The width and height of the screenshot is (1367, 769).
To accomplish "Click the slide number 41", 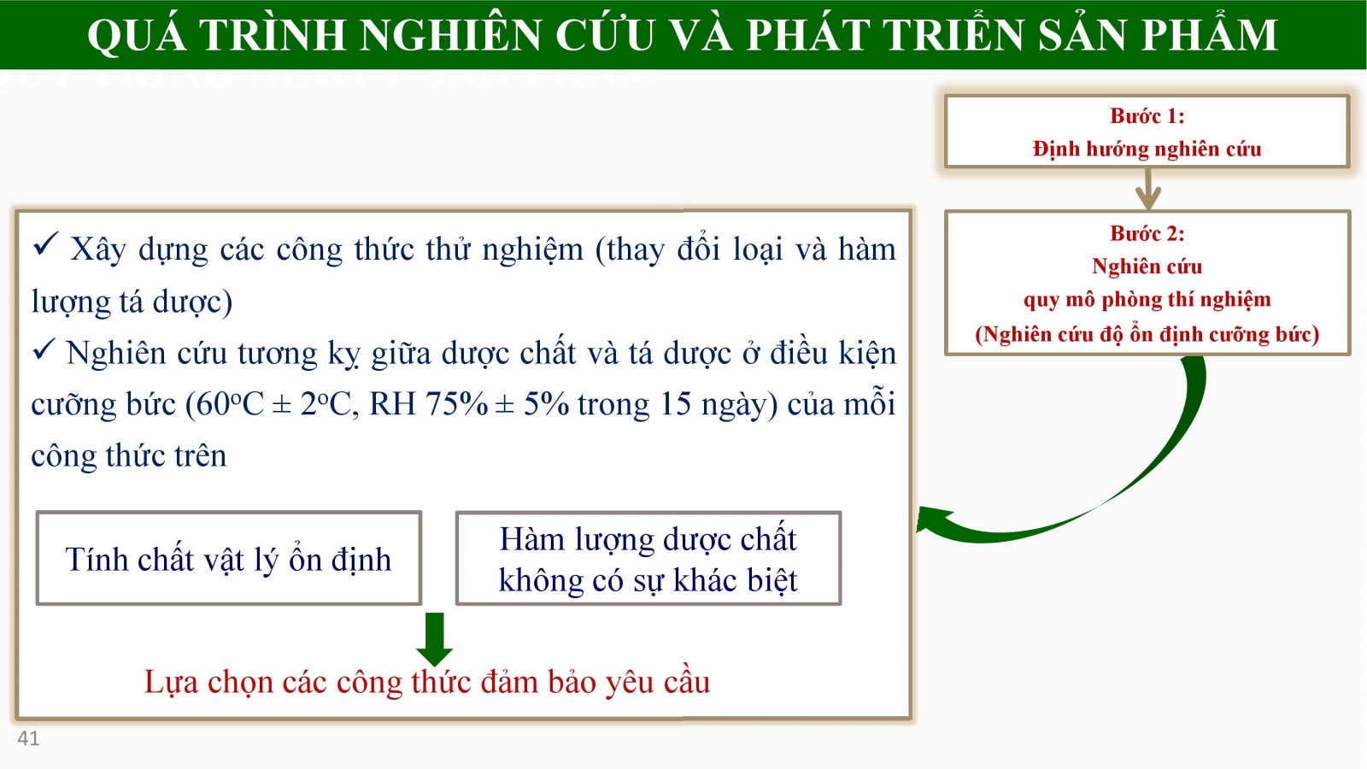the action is click(x=28, y=738).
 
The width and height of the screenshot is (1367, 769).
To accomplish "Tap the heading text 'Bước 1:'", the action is click(x=1147, y=116).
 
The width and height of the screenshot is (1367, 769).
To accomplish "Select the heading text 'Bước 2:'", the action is click(x=1147, y=233).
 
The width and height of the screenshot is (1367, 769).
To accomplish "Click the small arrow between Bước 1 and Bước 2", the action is click(x=1148, y=189).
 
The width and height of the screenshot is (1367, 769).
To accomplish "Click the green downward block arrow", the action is click(x=435, y=639).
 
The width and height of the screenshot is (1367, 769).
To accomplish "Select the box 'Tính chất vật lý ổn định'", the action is click(x=229, y=559).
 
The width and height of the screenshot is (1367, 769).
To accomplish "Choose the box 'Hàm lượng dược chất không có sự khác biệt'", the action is click(x=648, y=559).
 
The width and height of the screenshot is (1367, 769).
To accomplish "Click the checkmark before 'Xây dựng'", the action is click(x=45, y=244).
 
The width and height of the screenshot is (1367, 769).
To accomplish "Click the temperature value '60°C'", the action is click(x=225, y=404).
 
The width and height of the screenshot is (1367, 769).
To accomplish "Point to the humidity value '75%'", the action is click(x=456, y=404).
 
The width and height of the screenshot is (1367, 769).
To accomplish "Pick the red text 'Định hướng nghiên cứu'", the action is click(x=1147, y=149).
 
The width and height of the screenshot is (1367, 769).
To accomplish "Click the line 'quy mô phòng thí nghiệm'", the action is click(x=1147, y=300).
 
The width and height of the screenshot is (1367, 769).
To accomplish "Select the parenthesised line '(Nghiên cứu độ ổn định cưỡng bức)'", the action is click(x=1147, y=334).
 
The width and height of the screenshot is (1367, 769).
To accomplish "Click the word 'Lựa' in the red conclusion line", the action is click(x=171, y=683).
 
